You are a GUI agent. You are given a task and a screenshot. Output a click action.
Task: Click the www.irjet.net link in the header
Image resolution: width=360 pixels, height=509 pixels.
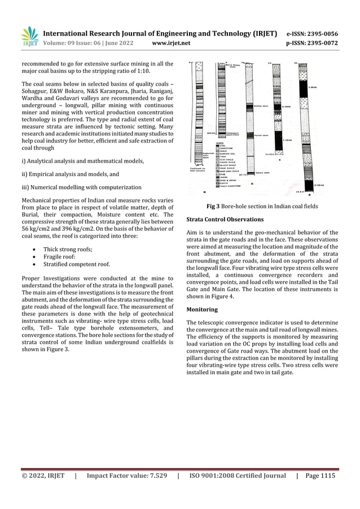tap(172, 42)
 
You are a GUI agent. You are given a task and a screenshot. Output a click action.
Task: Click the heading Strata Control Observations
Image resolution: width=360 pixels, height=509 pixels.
tap(225, 219)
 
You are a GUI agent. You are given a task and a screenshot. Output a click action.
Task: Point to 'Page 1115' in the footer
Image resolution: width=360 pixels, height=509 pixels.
tap(320, 476)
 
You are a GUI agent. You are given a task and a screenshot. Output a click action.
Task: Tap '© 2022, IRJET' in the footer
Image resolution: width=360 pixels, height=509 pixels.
tap(43, 476)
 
